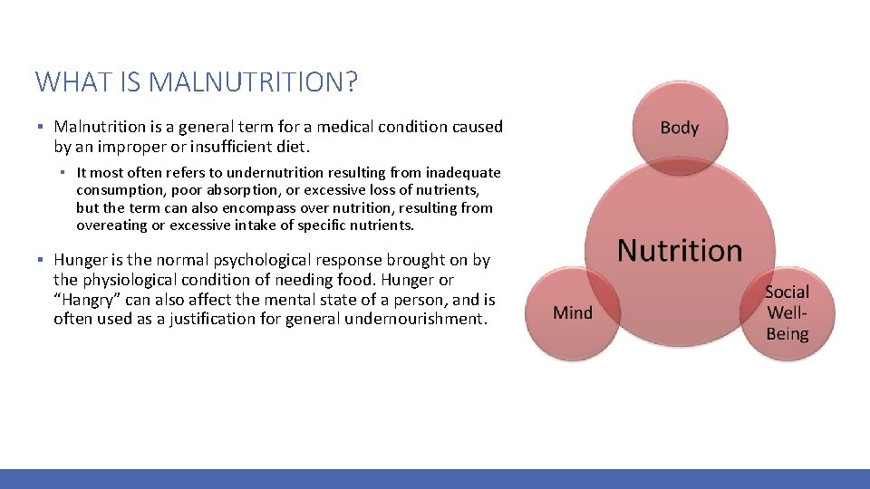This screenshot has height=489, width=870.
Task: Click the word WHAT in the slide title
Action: [x=69, y=82]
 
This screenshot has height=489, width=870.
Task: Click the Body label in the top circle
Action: [x=680, y=127]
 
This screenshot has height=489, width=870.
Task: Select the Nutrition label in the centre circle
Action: [x=680, y=250]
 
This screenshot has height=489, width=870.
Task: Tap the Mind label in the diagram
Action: [x=573, y=312]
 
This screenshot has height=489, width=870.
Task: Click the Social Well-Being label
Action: [x=787, y=312]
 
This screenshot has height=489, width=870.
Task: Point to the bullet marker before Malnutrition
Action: [x=41, y=128]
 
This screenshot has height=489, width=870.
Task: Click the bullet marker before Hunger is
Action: [x=41, y=261]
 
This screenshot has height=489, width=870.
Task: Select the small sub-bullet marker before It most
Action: [x=66, y=173]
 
